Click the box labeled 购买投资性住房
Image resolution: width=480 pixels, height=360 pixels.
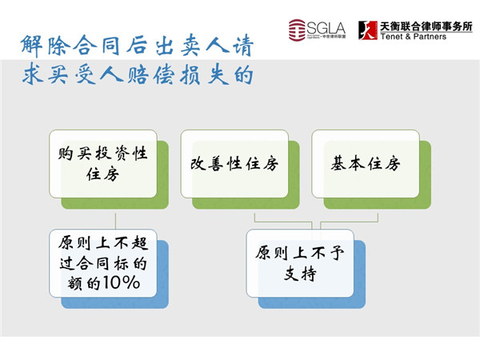pyautogui.click(x=103, y=164)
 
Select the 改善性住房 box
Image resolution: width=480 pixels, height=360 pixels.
pyautogui.click(x=234, y=164)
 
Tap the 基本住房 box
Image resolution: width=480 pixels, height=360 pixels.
pyautogui.click(x=366, y=164)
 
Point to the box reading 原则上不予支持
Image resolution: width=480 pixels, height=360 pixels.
pyautogui.click(x=300, y=263)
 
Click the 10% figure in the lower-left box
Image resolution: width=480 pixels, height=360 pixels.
pyautogui.click(x=122, y=282)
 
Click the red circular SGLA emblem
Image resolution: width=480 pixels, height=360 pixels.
pyautogui.click(x=297, y=30)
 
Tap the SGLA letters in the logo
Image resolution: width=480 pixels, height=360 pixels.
pyautogui.click(x=326, y=28)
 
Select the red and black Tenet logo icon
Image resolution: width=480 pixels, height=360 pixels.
pyautogui.click(x=368, y=30)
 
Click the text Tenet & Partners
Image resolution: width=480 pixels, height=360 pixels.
pyautogui.click(x=414, y=37)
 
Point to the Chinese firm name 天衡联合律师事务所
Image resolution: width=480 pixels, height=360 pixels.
pyautogui.click(x=426, y=26)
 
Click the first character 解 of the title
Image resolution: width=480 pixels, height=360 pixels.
pyautogui.click(x=31, y=46)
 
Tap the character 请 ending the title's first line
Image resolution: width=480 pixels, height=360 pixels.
pyautogui.click(x=243, y=46)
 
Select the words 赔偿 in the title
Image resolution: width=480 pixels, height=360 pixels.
pyautogui.click(x=151, y=75)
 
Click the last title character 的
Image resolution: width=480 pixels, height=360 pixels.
pyautogui.click(x=243, y=75)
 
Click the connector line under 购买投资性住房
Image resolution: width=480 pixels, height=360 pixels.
pyautogui.click(x=115, y=222)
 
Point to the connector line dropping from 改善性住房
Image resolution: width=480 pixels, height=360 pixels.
pyautogui.click(x=283, y=222)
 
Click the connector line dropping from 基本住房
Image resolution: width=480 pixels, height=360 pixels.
pyautogui.click(x=350, y=222)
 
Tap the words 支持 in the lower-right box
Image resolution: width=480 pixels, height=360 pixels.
pyautogui.click(x=300, y=274)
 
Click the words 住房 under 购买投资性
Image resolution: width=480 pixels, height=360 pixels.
pyautogui.click(x=102, y=174)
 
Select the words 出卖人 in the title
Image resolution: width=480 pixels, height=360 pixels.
pyautogui.click(x=192, y=46)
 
